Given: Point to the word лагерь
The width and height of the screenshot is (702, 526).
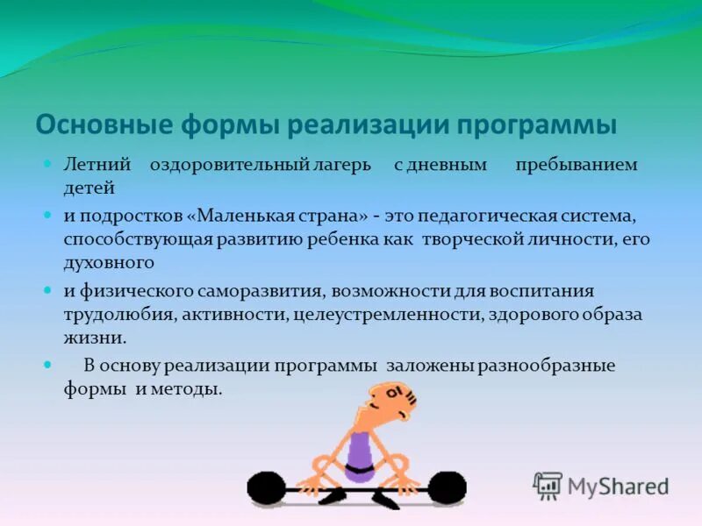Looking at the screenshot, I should click(x=339, y=165).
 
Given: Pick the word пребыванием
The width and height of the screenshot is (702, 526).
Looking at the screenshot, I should click(x=576, y=165).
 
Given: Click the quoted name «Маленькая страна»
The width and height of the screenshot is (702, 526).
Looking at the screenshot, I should click(x=274, y=215).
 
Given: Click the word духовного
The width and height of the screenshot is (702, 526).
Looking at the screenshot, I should click(x=109, y=261).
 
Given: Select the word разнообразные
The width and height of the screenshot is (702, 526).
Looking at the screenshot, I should click(x=546, y=366).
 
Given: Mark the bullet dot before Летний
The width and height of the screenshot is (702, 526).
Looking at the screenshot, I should click(x=50, y=165).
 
